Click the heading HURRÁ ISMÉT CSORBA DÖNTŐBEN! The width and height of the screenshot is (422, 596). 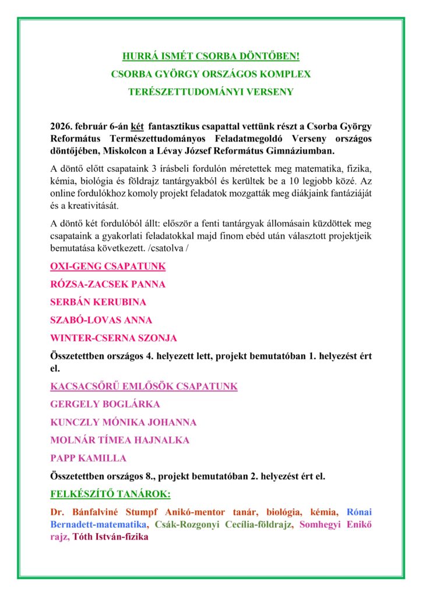tap(211, 57)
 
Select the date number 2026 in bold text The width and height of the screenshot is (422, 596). tap(62, 126)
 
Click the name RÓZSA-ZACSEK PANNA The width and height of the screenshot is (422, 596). tap(108, 284)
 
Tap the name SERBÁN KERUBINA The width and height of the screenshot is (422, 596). tap(98, 302)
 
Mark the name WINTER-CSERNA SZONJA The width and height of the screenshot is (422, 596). tap(114, 338)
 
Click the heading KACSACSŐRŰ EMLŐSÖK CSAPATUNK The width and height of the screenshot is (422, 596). tap(144, 386)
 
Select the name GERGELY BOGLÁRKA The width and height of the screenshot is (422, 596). tap(105, 404)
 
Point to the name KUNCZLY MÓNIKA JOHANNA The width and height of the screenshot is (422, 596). tap(123, 422)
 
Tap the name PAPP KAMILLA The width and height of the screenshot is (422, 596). tap(88, 457)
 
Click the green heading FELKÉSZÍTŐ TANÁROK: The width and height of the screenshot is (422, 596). tap(110, 494)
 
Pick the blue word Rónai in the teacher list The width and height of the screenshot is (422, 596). tap(359, 512)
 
